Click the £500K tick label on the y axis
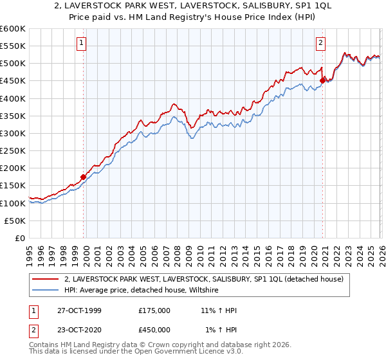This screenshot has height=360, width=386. coord(13,64)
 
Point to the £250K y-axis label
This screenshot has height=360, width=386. coord(13,150)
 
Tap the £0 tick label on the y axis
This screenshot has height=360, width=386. coord(21,238)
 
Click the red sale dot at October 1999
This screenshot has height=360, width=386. coord(84,177)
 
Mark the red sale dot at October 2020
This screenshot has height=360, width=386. coord(323,81)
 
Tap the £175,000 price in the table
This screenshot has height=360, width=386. coord(154,310)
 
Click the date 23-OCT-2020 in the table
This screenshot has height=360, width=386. coord(78,330)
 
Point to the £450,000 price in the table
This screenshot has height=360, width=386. coord(154,330)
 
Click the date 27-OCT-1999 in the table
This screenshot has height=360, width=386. coord(78,310)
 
